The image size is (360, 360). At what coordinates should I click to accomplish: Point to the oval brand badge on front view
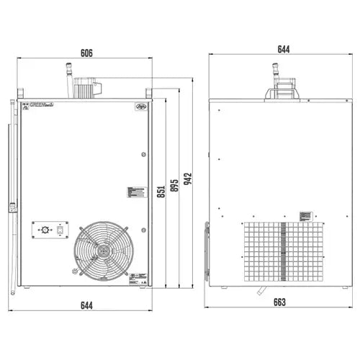tap(140, 106)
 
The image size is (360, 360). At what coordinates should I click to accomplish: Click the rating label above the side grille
tap(305, 215)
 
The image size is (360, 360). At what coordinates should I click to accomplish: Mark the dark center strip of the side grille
tap(282, 252)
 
